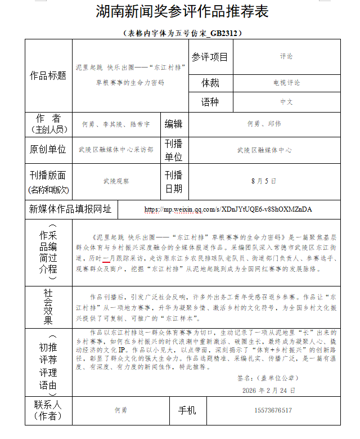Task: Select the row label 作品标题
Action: [x=48, y=75]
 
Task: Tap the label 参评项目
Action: [x=210, y=57]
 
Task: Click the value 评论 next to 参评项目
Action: [x=286, y=57]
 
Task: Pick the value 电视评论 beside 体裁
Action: [x=286, y=83]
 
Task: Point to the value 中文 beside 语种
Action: [x=286, y=102]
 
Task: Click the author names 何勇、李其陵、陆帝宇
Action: [x=115, y=124]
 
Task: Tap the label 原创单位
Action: [x=48, y=149]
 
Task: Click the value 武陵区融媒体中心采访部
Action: [x=115, y=150]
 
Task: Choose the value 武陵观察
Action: [x=115, y=181]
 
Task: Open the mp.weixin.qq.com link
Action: [x=228, y=209]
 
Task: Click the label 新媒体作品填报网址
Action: [x=70, y=209]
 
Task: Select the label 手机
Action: [x=187, y=410]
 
